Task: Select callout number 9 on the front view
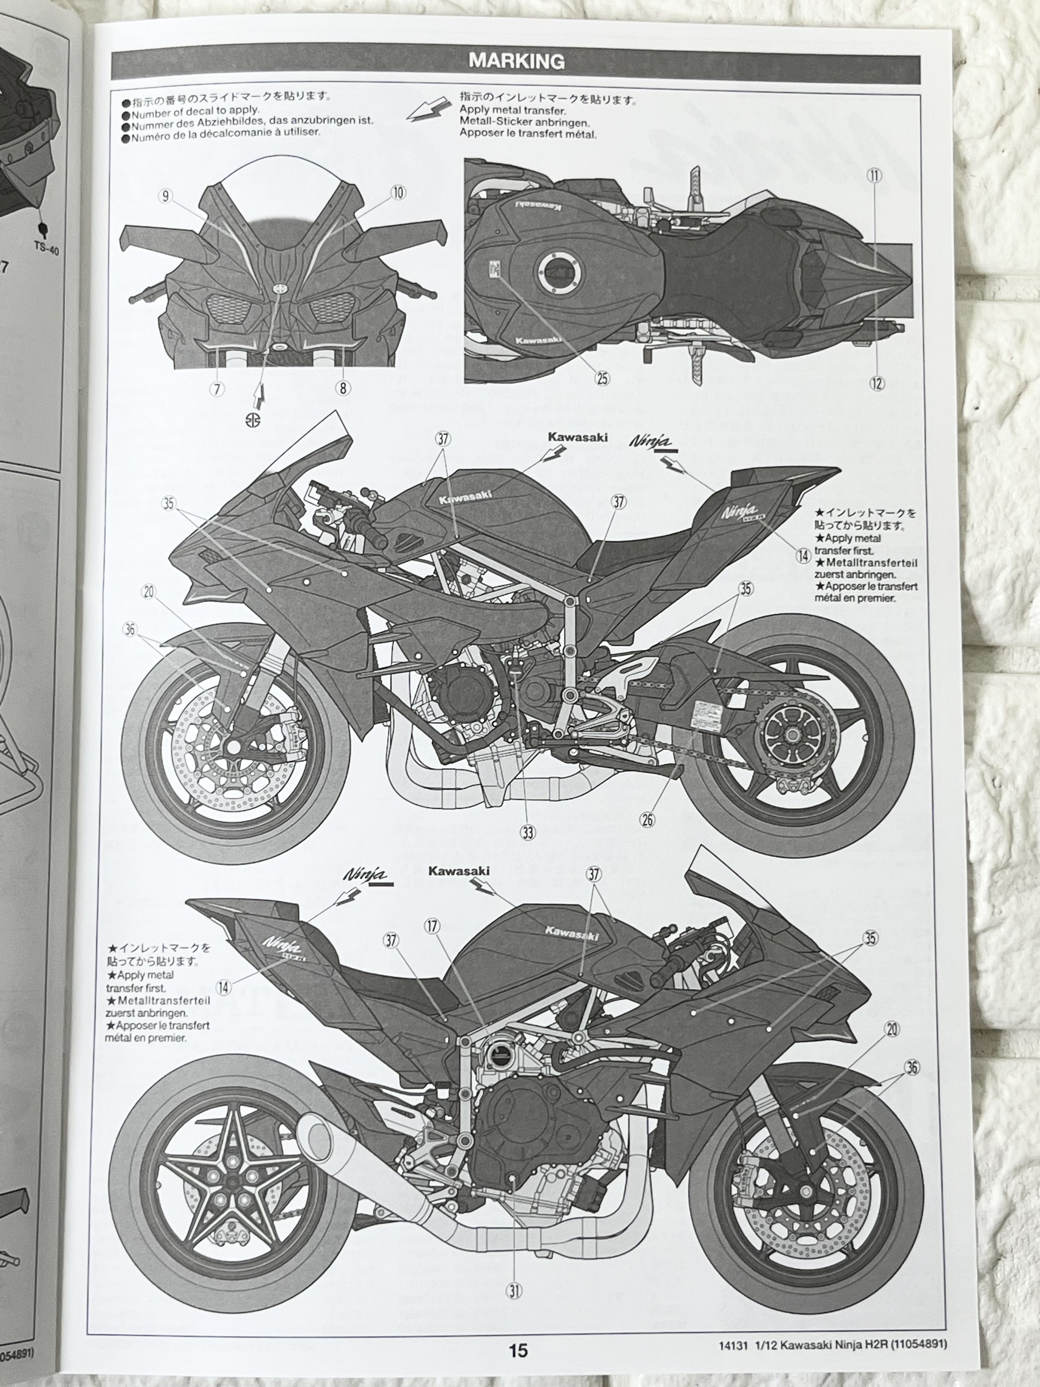pos(165,196)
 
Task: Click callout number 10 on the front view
pos(398,193)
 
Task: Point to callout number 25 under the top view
pos(602,378)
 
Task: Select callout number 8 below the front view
pos(343,388)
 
